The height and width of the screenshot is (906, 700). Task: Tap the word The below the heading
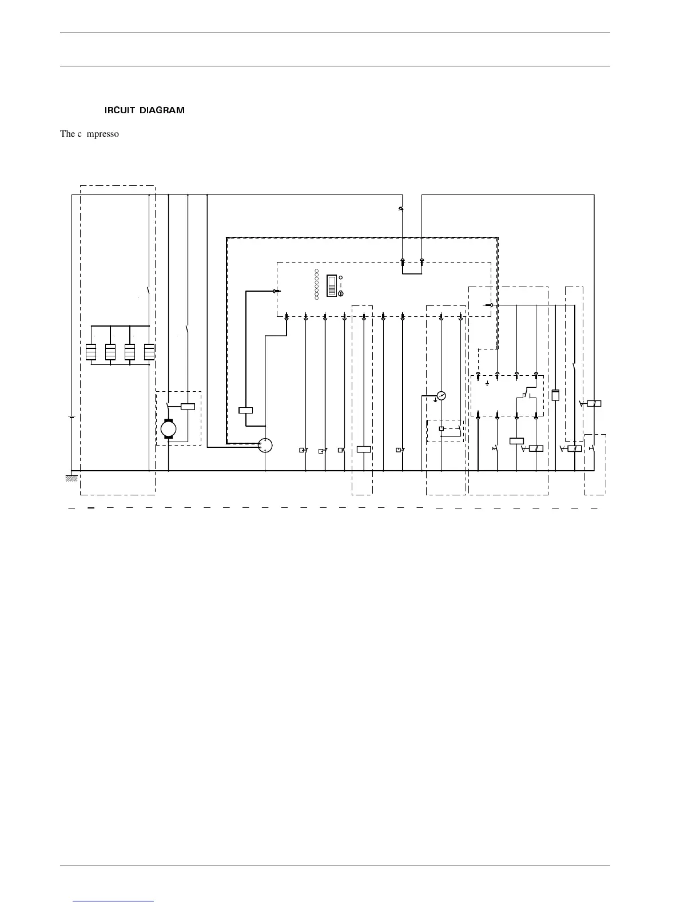pos(67,134)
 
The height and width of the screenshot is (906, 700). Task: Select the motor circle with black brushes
pos(169,429)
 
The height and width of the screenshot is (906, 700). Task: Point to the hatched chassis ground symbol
pos(71,478)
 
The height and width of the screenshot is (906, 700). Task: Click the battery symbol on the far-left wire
pos(71,417)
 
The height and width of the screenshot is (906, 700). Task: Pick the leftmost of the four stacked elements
pos(91,352)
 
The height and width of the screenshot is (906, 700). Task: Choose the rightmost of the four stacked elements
pos(149,352)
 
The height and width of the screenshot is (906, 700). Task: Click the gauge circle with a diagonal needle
pos(441,395)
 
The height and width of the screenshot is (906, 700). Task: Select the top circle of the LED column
pos(316,270)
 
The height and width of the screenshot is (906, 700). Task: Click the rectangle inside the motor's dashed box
pos(188,407)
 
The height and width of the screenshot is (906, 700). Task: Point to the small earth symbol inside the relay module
pos(487,383)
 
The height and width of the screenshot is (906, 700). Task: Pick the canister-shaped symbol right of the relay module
pos(555,395)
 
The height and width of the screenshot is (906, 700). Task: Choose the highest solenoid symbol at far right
pos(594,404)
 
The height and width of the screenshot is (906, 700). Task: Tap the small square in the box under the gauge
pos(441,428)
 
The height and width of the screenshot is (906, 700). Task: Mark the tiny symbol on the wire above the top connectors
pos(401,209)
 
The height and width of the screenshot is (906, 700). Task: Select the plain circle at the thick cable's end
pos(265,445)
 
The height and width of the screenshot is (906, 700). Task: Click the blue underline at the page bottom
pos(113,901)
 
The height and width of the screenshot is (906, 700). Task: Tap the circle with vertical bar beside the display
pos(341,293)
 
